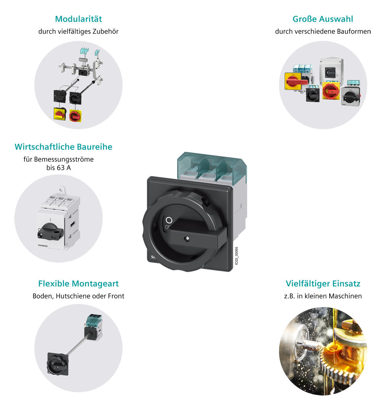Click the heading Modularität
click(x=78, y=19)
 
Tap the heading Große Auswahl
click(x=323, y=19)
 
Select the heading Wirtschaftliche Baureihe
click(x=63, y=147)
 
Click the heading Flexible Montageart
click(x=78, y=283)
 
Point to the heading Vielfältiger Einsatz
click(x=323, y=283)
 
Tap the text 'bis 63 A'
click(x=58, y=168)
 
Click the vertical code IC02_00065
click(x=236, y=256)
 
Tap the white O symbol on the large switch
click(x=169, y=220)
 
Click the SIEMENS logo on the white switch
click(x=43, y=246)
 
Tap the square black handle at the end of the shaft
click(x=58, y=364)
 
